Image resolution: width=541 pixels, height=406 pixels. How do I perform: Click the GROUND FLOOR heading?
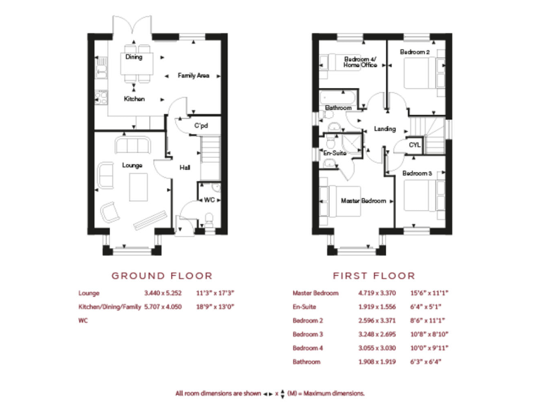(x=162, y=276)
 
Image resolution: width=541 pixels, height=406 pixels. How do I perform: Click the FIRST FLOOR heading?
(x=374, y=276)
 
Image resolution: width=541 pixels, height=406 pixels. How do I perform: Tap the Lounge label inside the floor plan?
(x=132, y=165)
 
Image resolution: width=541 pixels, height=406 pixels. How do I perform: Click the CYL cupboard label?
(x=414, y=145)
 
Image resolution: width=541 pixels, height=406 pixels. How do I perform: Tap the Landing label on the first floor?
(x=385, y=129)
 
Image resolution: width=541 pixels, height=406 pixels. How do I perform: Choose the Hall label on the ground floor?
(x=185, y=168)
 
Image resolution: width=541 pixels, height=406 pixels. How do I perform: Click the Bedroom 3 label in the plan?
(x=417, y=173)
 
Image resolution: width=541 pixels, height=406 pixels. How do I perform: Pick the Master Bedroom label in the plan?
(x=363, y=201)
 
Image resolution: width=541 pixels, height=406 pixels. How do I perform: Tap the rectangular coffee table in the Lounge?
(x=139, y=187)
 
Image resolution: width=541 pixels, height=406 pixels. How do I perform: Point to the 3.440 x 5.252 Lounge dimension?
(x=163, y=293)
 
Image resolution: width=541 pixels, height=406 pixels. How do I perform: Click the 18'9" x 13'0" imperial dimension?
(x=216, y=307)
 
